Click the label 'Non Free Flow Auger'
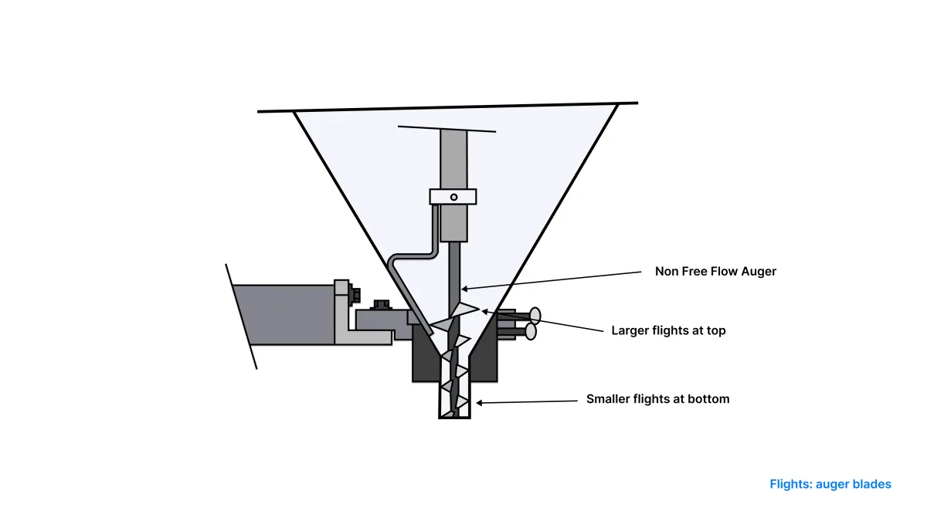(x=715, y=271)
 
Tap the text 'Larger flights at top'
(x=668, y=331)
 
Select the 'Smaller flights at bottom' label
(x=658, y=399)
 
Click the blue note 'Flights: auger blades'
(x=830, y=484)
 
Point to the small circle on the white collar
(x=454, y=198)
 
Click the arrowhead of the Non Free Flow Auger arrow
(x=465, y=289)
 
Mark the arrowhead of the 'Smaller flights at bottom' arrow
(x=479, y=402)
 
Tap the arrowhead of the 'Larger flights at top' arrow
(x=484, y=311)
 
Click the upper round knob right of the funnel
(x=535, y=316)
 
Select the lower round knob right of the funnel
(x=531, y=332)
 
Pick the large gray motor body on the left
(x=284, y=315)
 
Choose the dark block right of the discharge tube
(x=484, y=356)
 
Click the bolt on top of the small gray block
(x=381, y=305)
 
